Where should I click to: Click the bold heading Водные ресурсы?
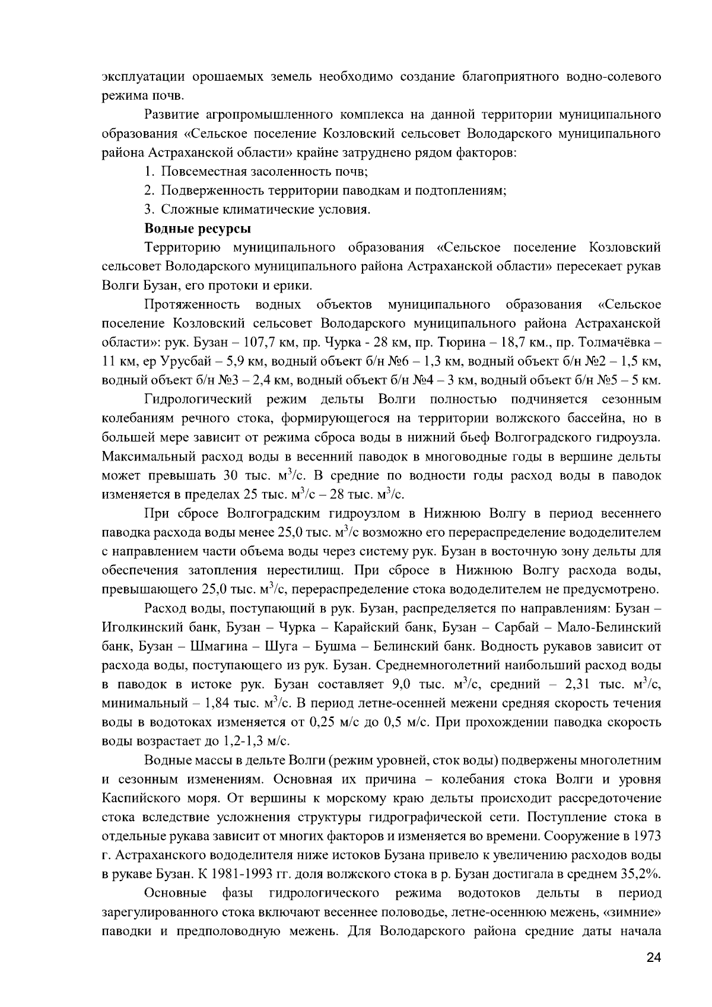point(198,228)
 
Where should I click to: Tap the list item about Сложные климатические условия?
point(258,209)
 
